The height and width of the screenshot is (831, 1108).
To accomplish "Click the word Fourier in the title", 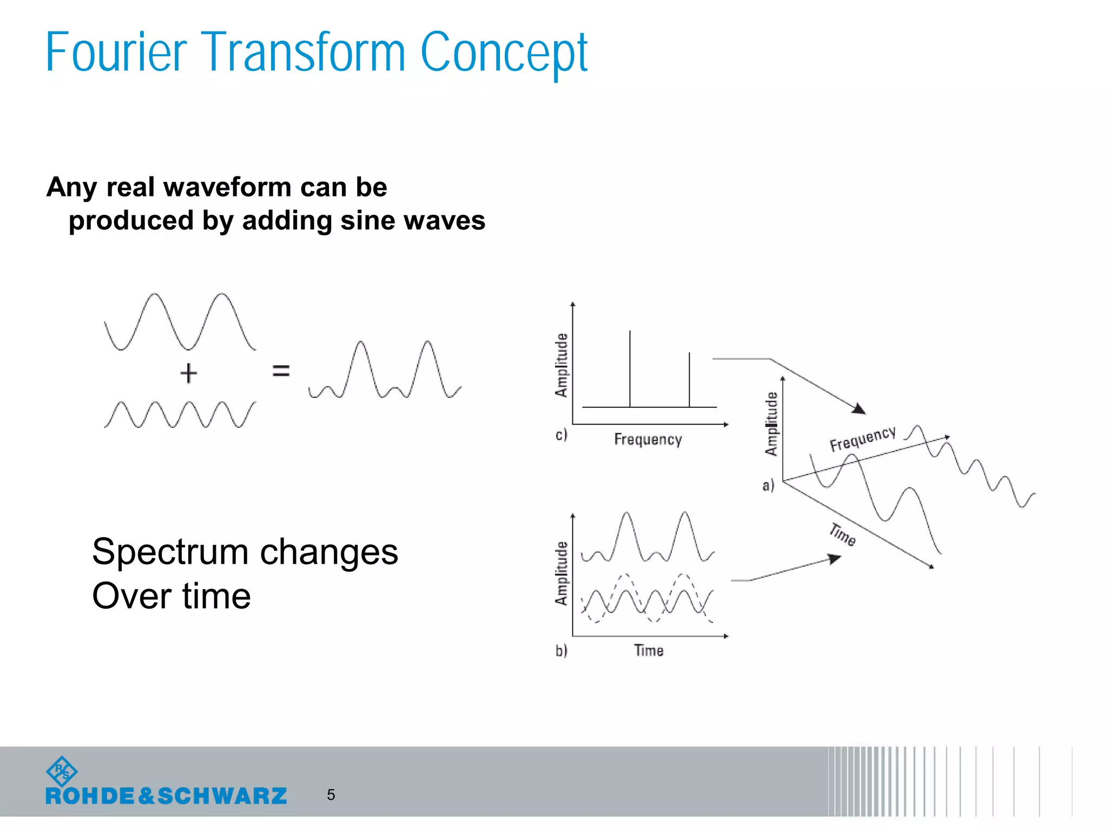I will pos(116,52).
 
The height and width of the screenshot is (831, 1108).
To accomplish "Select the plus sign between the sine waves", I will pos(188,373).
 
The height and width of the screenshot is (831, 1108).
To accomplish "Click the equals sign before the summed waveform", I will pos(281,371).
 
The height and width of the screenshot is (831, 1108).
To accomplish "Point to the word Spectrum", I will pos(171,553).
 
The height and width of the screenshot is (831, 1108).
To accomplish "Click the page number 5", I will pos(331,795).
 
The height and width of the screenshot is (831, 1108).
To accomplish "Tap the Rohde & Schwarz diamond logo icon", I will pos(62,771).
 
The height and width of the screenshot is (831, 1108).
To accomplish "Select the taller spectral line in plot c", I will pos(630,368).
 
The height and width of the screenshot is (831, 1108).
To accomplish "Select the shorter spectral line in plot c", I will pos(689,379).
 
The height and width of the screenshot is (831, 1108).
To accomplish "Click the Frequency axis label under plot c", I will pos(648,439).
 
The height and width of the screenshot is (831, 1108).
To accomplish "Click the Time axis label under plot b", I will pos(649,650).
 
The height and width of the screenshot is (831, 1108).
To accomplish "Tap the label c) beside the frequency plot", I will pos(561,434).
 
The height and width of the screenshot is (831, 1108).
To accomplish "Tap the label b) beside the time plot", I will pos(561,650).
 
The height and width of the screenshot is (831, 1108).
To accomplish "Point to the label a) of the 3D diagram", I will pos(768,485).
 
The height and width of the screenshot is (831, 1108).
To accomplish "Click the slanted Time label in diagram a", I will pos(843,535).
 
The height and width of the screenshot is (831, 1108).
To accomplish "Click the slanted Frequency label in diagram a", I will pos(862,438).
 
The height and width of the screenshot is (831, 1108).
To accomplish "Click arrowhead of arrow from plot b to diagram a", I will pos(835,559).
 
